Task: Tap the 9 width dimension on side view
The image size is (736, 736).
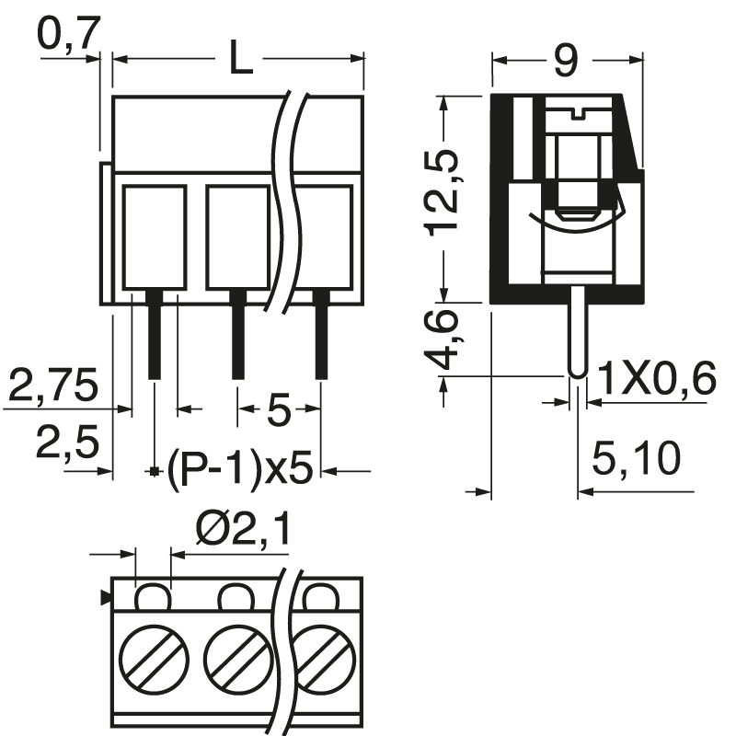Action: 565,61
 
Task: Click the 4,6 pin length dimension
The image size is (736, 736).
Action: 443,339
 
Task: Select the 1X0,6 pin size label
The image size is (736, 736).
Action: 656,377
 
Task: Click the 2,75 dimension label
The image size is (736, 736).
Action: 52,386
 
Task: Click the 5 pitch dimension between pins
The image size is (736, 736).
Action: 279,408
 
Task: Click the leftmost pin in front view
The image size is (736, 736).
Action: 154,340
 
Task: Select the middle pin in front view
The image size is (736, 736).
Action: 237,340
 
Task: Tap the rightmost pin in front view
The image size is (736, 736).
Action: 321,340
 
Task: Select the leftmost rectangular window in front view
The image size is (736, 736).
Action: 154,236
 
